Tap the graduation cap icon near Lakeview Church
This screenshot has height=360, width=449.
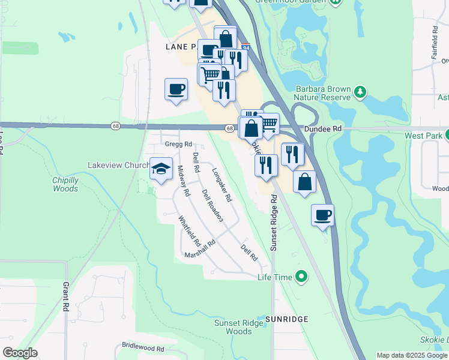click(x=161, y=168)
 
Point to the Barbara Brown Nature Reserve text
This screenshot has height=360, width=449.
click(x=322, y=92)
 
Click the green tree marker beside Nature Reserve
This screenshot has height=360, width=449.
click(x=360, y=92)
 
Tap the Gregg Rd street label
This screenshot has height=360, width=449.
click(x=178, y=144)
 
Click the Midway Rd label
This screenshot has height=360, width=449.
click(x=184, y=181)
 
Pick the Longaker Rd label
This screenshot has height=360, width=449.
click(x=221, y=184)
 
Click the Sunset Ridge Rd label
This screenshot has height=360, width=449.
click(x=274, y=222)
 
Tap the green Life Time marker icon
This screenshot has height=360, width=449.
click(x=301, y=277)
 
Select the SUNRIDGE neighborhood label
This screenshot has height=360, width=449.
click(x=287, y=319)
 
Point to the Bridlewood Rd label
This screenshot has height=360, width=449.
click(x=143, y=347)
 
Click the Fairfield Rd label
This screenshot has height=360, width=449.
click(x=434, y=41)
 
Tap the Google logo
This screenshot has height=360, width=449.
click(x=20, y=353)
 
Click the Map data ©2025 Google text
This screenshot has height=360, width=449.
click(x=411, y=355)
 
